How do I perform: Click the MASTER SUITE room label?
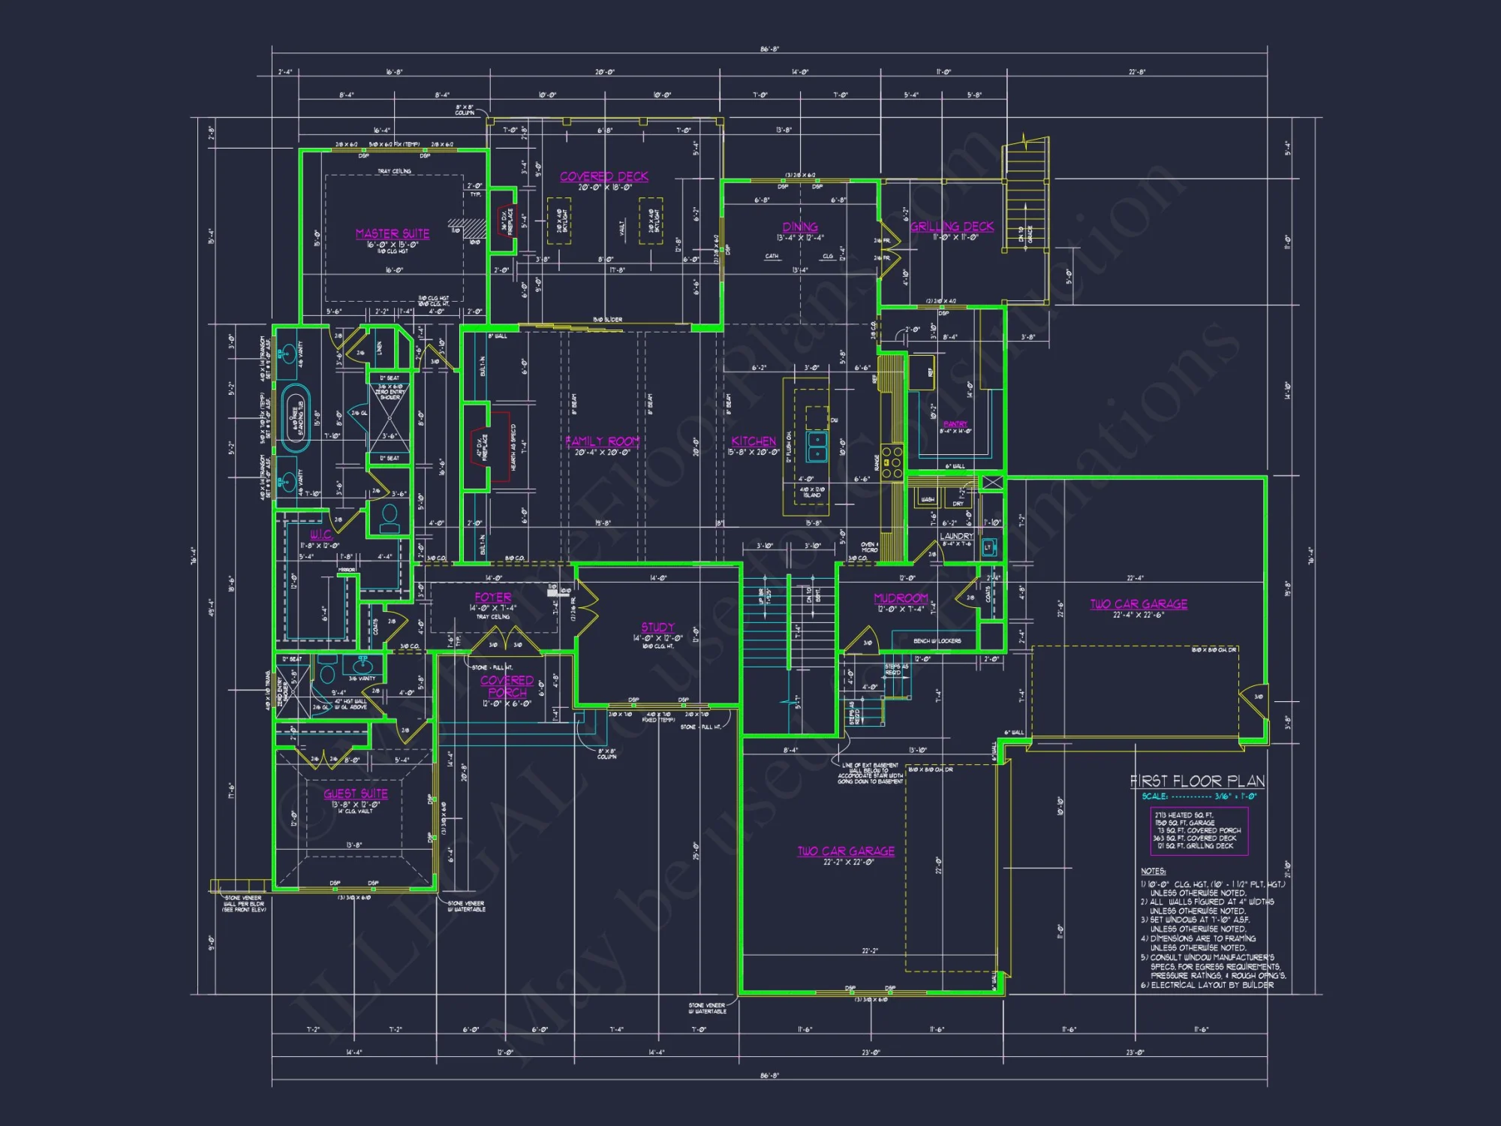[393, 233]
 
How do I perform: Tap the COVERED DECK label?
[604, 176]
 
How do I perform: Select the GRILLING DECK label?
[952, 226]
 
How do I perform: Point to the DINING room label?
[800, 227]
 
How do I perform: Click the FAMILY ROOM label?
[603, 441]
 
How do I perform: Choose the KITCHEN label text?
[754, 441]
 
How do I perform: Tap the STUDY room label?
[657, 627]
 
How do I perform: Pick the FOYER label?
[493, 598]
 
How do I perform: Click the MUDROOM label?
[901, 598]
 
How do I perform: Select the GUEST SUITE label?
[356, 793]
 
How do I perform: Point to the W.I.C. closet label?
[320, 534]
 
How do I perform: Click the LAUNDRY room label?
[956, 536]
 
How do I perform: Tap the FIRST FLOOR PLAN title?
[1197, 781]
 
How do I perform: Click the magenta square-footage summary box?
[1199, 830]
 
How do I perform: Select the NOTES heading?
[1154, 871]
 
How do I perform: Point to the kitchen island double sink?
[817, 447]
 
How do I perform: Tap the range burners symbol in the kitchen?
[892, 462]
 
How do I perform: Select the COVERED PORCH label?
[507, 686]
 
